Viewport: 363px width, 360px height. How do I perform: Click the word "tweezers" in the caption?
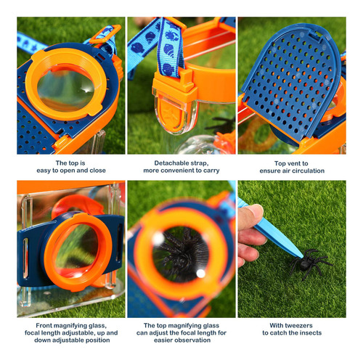(298, 325)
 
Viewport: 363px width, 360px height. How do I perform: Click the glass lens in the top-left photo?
(65, 90)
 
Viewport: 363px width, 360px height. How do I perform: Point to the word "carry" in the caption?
(211, 171)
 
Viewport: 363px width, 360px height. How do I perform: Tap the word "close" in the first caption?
(97, 171)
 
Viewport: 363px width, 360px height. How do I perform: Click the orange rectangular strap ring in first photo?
(105, 35)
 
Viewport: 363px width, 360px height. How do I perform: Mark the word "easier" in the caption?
(162, 340)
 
